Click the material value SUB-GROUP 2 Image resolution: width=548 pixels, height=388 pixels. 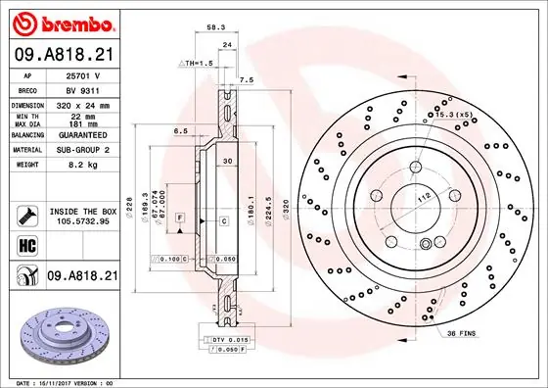82,151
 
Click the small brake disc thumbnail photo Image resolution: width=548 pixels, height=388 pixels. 67,332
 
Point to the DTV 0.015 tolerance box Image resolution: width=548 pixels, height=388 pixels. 231,338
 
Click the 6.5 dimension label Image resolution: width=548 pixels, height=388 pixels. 181,129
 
